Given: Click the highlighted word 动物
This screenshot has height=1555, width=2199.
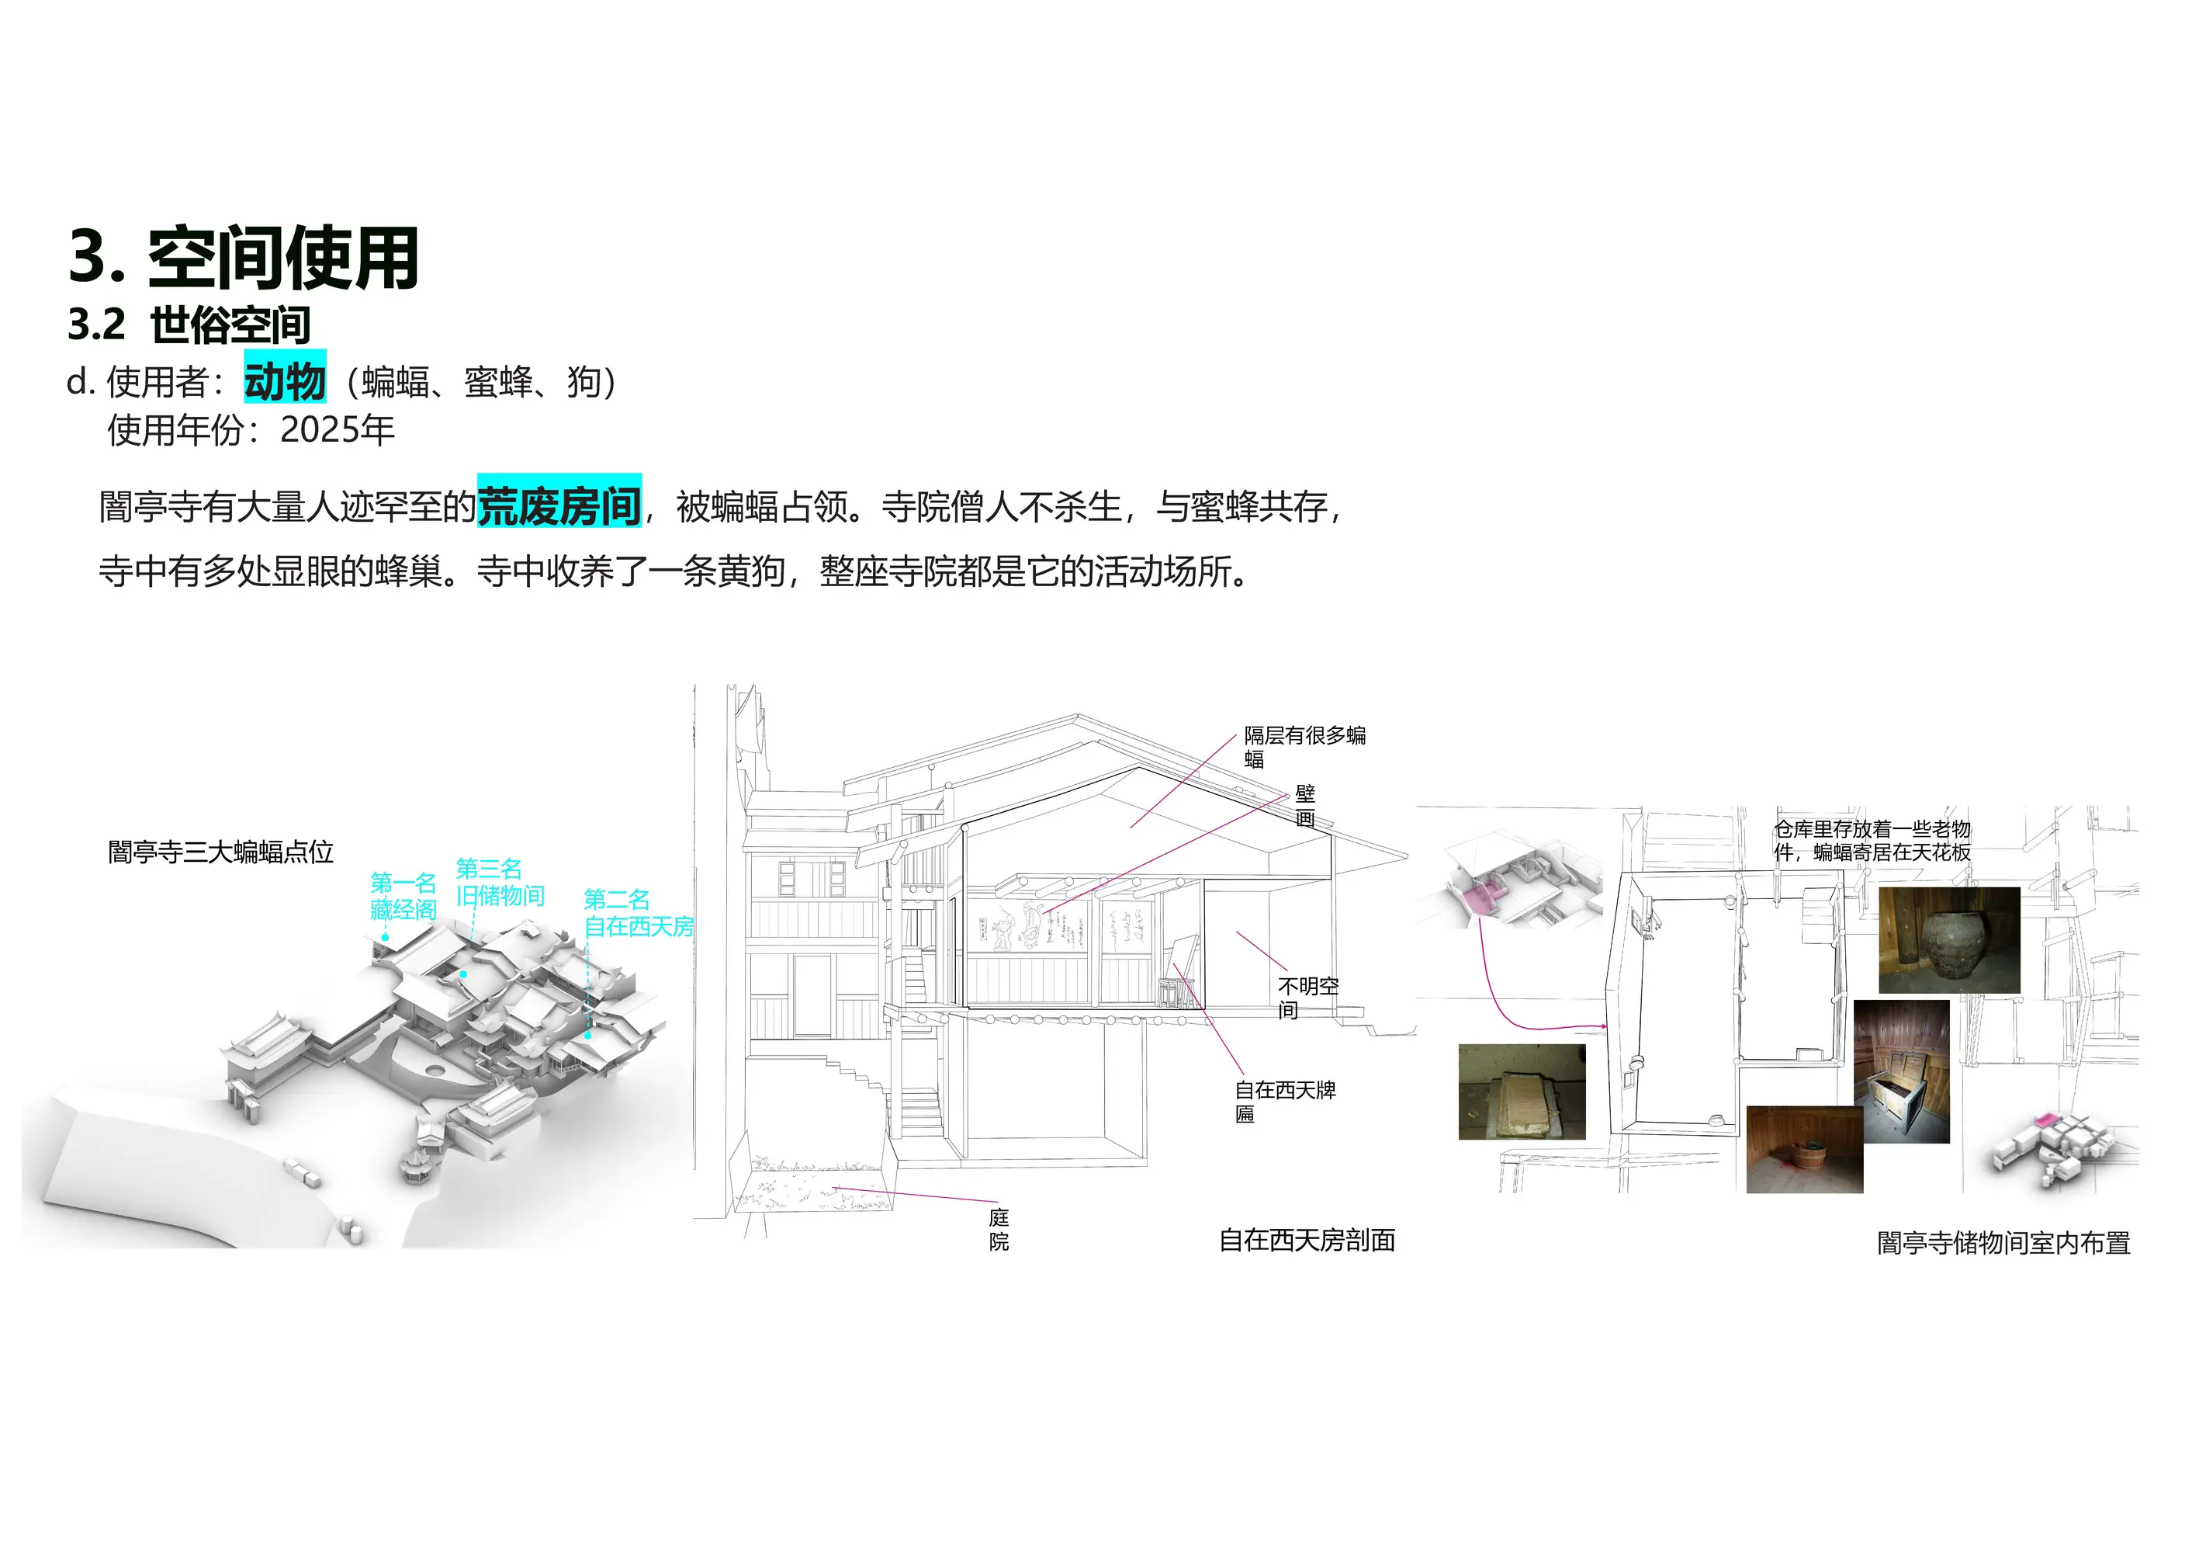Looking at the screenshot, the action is click(x=285, y=381).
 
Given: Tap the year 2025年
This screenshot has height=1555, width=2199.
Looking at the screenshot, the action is click(x=337, y=430).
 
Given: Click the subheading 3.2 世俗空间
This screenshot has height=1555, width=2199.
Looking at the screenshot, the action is click(x=189, y=325).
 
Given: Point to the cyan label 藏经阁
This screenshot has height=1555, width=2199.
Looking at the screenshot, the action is click(x=403, y=909).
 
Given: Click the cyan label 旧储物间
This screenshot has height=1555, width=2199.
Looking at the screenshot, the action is click(x=500, y=896).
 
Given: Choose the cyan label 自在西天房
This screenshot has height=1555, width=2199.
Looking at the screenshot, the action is click(x=639, y=926).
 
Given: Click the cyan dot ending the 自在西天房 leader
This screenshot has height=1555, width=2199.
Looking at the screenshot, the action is click(x=588, y=1035).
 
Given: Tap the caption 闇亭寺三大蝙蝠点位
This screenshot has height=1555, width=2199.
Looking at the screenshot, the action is click(x=220, y=852).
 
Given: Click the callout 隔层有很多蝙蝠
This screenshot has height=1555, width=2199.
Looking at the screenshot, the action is click(x=1304, y=748).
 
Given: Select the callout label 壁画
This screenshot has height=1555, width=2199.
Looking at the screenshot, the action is click(x=1305, y=806).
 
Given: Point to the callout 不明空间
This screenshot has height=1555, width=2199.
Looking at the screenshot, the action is click(x=1308, y=998).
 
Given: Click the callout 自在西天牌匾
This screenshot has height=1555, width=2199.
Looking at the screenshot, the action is click(x=1285, y=1102).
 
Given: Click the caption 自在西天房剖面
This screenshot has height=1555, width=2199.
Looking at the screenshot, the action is click(x=1307, y=1241).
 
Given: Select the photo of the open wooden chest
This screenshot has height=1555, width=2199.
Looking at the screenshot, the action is click(x=1901, y=1071).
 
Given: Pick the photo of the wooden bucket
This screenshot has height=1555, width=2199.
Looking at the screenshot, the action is click(x=1804, y=1149).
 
